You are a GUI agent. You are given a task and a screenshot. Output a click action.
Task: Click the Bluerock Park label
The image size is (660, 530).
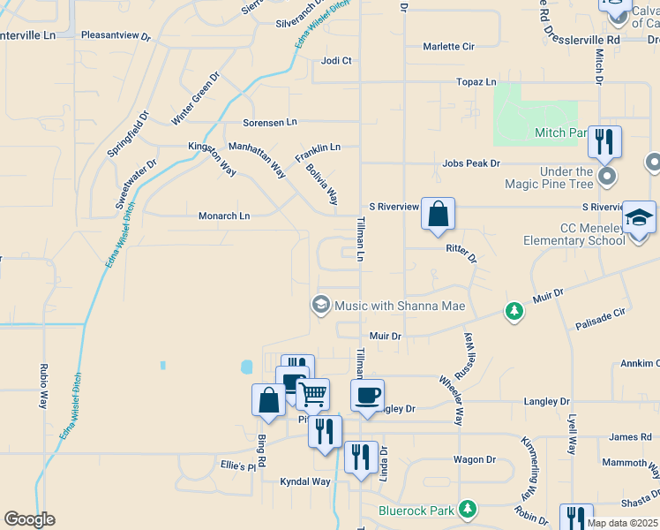416,510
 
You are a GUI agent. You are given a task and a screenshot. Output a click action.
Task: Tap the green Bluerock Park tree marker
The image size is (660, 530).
468,510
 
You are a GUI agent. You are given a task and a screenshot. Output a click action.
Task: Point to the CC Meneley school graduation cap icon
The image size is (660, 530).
639,217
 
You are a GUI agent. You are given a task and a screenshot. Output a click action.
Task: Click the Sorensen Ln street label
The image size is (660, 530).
271,123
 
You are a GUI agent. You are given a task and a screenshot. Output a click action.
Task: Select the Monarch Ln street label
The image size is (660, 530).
224,216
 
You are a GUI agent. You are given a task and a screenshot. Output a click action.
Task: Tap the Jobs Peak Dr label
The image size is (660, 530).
471,163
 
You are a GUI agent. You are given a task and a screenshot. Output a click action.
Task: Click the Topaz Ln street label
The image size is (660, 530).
476,82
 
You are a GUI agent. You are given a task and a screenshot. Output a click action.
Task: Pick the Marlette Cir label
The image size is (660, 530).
448,46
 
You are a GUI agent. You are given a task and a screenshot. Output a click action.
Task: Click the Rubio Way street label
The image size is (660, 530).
42,386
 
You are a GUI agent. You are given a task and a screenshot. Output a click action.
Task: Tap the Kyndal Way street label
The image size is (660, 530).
304,481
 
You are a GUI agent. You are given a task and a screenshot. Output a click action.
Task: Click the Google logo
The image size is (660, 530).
29,519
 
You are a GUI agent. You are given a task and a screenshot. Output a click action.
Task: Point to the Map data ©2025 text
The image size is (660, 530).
622,523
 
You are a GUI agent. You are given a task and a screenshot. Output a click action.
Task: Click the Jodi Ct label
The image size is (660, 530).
336,61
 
